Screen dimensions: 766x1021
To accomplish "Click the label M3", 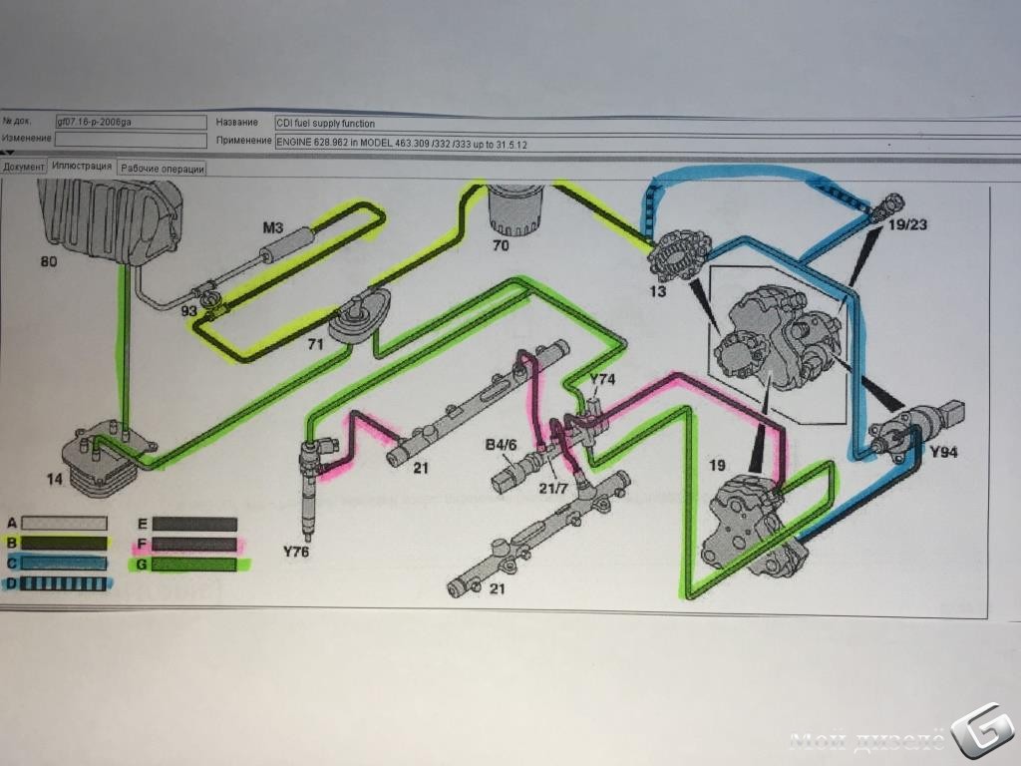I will pos(273,227).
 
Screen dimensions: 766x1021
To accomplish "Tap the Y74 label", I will pos(603,380).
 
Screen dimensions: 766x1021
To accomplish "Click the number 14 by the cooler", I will pos(54,480).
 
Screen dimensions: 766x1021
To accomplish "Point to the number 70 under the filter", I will pos(500,243).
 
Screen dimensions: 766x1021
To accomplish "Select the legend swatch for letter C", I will pos(64,564).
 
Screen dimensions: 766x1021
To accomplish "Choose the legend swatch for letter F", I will pos(194,544).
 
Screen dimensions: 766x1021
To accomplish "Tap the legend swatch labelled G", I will pos(194,565).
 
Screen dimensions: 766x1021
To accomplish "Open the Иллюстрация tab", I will pos(82,167).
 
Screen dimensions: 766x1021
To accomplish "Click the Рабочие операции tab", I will pos(163,169).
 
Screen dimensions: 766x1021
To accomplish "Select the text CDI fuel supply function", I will pos(326,124).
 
